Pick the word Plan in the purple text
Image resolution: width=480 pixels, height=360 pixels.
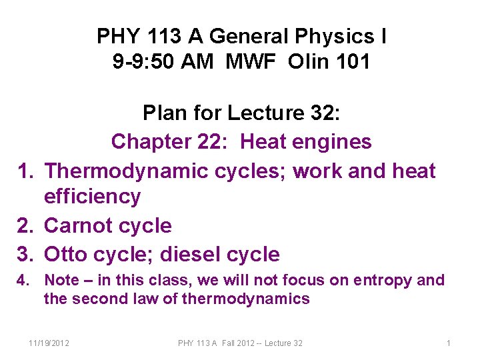coord(165,113)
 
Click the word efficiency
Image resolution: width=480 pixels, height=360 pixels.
coord(92,197)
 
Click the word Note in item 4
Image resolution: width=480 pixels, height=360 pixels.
coord(61,280)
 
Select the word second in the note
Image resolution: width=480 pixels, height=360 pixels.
coord(99,299)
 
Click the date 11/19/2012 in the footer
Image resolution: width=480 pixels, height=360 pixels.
coord(50,343)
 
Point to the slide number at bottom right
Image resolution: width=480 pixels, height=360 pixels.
coord(449,343)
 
